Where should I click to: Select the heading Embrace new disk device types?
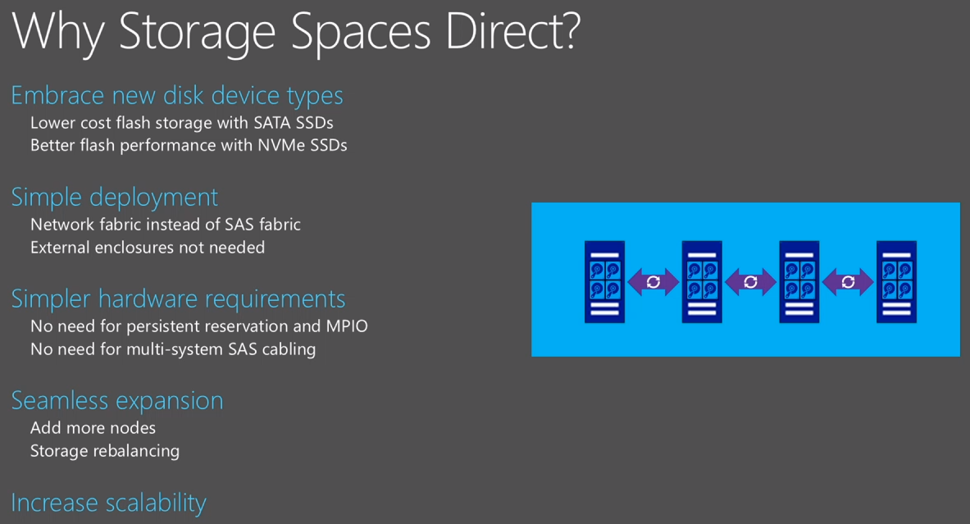click(177, 96)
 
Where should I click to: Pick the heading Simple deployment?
click(115, 198)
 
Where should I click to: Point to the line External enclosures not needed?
click(148, 247)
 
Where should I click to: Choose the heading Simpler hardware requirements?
click(178, 298)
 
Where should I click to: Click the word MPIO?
click(347, 326)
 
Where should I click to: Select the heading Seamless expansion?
click(117, 400)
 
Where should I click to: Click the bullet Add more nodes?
click(93, 427)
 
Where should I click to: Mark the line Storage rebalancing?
click(105, 450)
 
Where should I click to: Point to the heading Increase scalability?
click(108, 502)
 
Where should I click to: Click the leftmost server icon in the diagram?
click(604, 281)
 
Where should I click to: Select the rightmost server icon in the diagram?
click(896, 281)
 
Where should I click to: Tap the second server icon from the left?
click(702, 281)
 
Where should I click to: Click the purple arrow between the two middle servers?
click(750, 282)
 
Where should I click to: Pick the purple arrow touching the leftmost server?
click(653, 282)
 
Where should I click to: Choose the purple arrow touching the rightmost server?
click(848, 282)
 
